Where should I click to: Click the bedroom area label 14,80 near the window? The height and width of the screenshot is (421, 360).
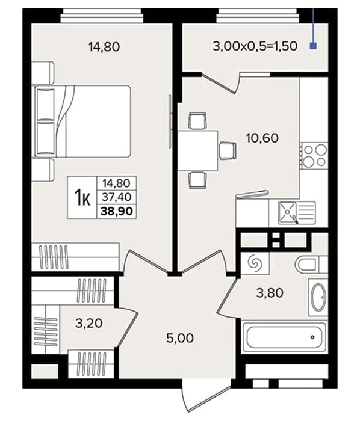click(104, 47)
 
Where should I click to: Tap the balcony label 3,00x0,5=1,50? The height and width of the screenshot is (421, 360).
click(255, 46)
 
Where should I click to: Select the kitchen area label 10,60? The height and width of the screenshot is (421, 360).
click(262, 138)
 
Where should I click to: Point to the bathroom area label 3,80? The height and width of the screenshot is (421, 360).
click(270, 293)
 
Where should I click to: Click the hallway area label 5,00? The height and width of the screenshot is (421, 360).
click(180, 338)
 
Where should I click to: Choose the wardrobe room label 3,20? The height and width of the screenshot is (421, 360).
click(89, 323)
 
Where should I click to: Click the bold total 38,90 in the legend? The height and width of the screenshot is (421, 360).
click(117, 211)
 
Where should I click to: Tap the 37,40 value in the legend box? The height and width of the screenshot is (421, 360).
click(117, 197)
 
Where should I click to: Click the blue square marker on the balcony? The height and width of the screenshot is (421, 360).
click(313, 46)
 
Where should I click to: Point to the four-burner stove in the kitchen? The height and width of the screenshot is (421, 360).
click(314, 156)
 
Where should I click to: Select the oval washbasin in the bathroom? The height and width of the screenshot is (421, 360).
click(318, 298)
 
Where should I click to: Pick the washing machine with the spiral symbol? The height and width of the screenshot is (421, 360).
click(255, 263)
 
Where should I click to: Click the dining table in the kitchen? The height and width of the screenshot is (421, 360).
click(197, 150)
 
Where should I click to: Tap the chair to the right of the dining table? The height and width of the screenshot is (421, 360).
click(228, 150)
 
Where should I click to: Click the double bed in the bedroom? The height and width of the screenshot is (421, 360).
click(81, 121)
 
